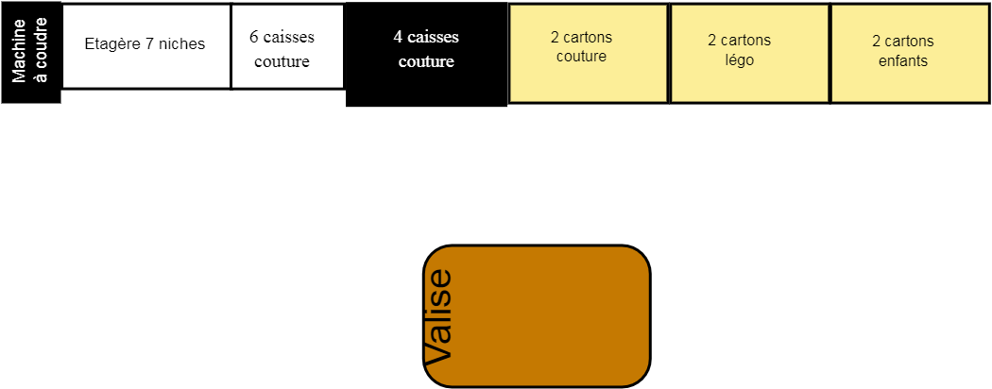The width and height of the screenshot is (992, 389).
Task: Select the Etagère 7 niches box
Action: (x=146, y=45)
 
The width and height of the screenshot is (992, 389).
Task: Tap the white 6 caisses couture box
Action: (x=287, y=46)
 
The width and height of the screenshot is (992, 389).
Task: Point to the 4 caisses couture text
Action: (x=425, y=49)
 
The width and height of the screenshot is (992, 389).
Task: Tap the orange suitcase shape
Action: (x=537, y=316)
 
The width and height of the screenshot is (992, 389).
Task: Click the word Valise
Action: (x=438, y=317)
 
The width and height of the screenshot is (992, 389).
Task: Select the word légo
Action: (x=739, y=59)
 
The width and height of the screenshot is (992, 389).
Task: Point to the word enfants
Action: (x=902, y=59)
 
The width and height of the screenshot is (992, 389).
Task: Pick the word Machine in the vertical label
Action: (x=21, y=45)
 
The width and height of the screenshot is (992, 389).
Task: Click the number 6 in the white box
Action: (x=254, y=37)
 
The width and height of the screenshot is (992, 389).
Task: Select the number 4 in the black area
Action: (x=398, y=37)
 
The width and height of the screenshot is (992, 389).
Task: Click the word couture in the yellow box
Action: (x=581, y=57)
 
